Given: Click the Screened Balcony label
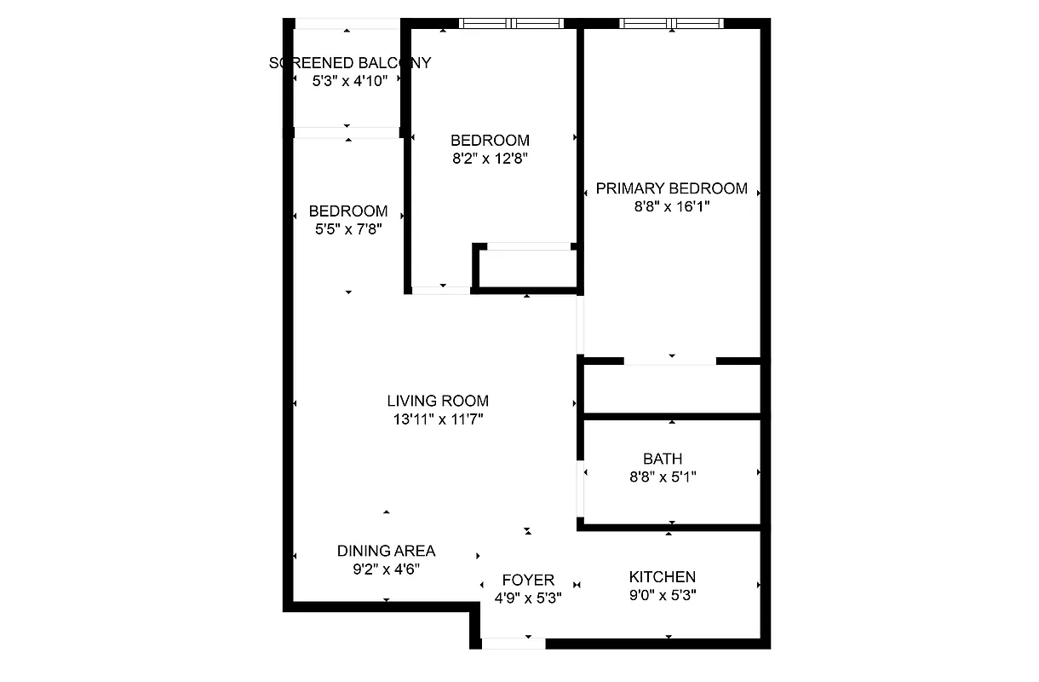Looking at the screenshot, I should coord(349,63).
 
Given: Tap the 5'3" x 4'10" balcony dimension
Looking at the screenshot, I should coord(349,80).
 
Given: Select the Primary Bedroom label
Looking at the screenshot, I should coord(671,188).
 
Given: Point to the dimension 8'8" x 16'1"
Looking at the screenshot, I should coord(671,206).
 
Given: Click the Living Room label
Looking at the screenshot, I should coord(438,401).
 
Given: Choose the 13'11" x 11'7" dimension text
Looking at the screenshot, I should coord(438,419).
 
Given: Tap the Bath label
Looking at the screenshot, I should coord(663,459).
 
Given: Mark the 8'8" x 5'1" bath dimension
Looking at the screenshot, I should coord(663,477).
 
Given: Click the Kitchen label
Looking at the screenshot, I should coord(662,577).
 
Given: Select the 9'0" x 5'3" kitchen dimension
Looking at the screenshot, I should coord(662,596).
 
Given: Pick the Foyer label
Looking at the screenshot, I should coord(528,580).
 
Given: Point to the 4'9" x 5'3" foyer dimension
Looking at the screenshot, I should coord(528,598).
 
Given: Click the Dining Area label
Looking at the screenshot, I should coord(386,551).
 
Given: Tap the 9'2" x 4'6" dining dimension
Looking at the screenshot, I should coord(386,569).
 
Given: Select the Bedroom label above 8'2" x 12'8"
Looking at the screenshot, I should coord(490,140).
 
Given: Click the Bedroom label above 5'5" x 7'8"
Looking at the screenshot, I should coord(347,211).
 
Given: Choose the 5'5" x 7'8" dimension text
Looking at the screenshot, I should coord(347,228).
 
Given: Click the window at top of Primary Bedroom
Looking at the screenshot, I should coord(672,23).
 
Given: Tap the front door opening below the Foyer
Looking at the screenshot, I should coord(513,643).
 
